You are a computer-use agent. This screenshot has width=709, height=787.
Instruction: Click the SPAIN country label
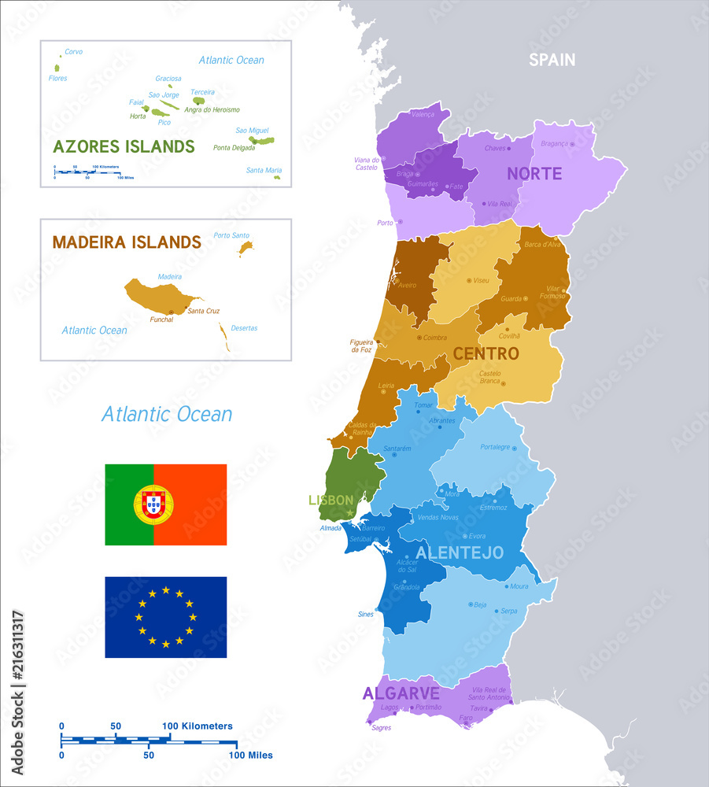552,60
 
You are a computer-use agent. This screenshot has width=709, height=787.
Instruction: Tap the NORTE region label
534,174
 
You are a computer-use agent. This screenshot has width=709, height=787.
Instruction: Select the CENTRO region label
486,354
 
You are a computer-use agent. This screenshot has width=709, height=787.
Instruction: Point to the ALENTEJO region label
460,553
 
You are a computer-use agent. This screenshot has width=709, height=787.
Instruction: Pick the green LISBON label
330,500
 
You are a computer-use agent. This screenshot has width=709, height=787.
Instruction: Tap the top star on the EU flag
166,589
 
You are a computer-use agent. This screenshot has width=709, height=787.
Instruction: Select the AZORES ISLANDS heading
124,146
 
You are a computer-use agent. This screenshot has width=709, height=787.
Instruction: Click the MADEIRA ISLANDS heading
127,242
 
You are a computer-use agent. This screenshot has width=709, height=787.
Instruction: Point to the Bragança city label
554,144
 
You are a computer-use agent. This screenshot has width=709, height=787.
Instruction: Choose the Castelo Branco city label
489,377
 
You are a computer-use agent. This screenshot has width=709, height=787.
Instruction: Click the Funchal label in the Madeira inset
161,320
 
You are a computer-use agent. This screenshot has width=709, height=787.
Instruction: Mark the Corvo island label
73,52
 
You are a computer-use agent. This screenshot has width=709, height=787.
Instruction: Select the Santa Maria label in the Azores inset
264,170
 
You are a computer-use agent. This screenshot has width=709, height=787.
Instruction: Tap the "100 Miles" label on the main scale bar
250,756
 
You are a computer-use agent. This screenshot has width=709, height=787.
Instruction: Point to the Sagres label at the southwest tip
381,728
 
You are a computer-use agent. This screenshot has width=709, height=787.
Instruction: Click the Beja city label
481,604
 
